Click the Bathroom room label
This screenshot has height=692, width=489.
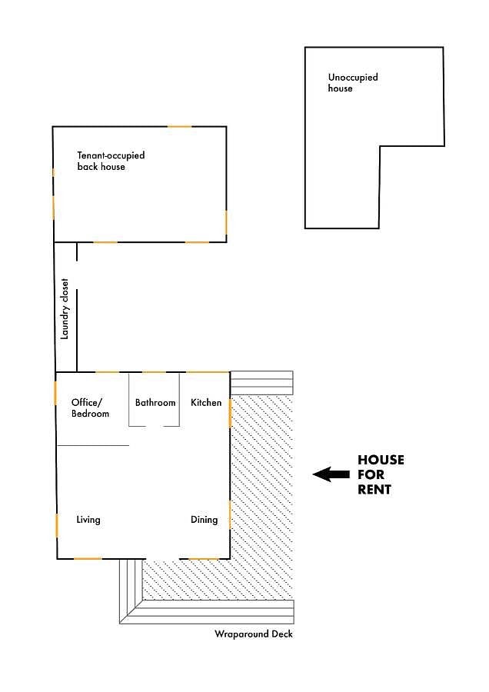click(x=155, y=402)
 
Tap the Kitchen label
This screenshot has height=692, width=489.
click(x=206, y=402)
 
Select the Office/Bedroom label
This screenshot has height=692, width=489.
click(x=90, y=408)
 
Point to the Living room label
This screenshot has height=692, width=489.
click(x=88, y=520)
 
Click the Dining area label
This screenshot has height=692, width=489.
click(x=204, y=520)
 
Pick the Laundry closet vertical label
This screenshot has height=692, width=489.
click(x=65, y=308)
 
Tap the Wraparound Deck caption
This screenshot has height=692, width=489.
click(x=253, y=634)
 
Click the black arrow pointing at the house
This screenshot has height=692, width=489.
click(x=331, y=474)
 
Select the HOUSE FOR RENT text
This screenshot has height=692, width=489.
click(x=381, y=474)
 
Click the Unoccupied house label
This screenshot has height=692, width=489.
click(x=353, y=82)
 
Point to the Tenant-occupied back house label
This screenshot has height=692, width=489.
click(x=111, y=161)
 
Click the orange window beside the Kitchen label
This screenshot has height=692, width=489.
click(x=230, y=413)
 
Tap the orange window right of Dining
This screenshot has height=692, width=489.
click(x=229, y=514)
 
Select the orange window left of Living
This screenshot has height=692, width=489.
click(x=57, y=525)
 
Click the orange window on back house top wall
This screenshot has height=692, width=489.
click(x=180, y=127)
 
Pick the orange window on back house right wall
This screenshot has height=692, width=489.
click(x=226, y=222)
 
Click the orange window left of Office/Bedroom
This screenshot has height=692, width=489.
click(x=55, y=393)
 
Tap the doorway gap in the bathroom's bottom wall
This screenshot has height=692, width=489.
click(x=155, y=426)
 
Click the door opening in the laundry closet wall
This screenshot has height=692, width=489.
click(x=77, y=275)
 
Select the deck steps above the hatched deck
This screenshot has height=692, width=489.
click(x=261, y=383)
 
